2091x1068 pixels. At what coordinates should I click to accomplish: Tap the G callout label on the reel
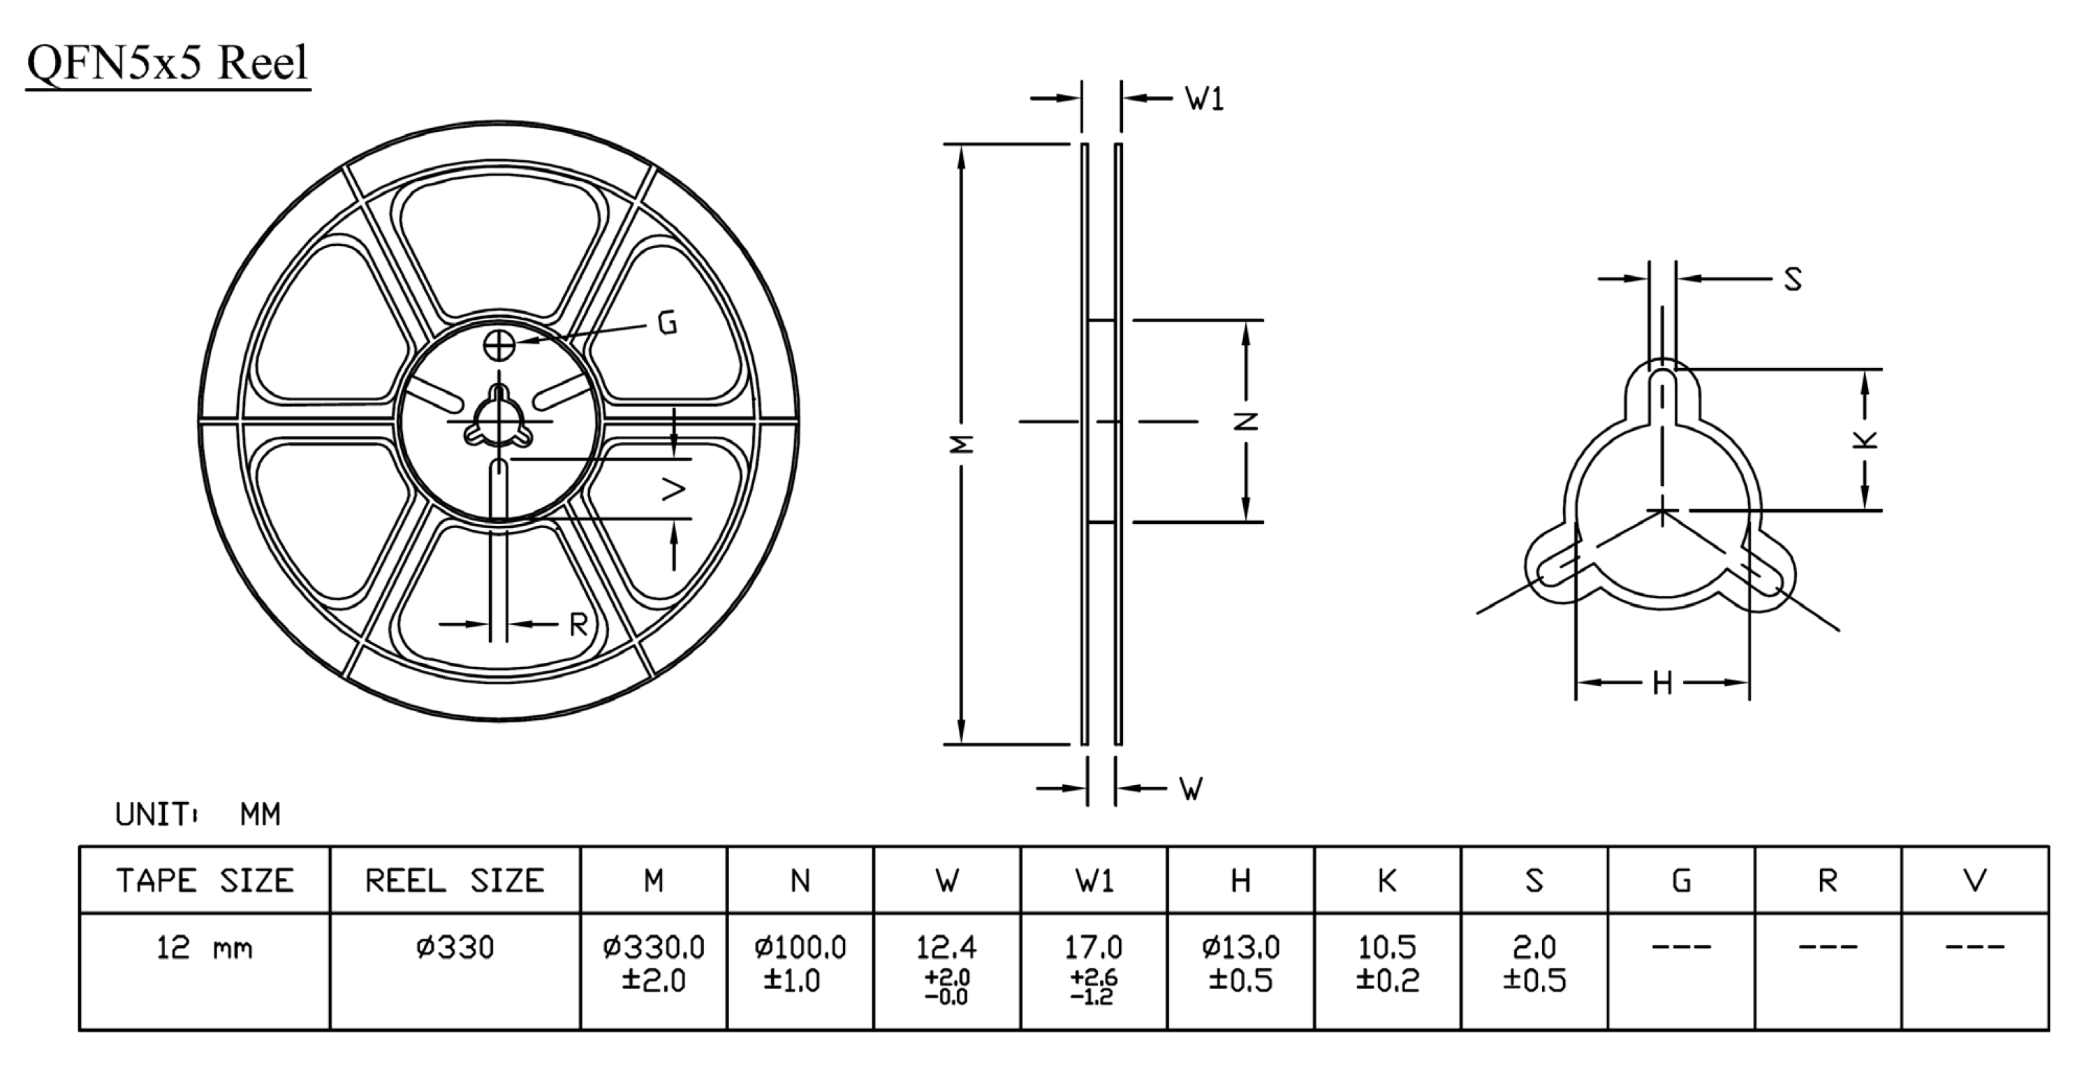(667, 324)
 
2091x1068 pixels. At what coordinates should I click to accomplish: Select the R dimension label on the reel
(578, 624)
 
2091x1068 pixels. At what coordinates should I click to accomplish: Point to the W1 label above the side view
(1205, 99)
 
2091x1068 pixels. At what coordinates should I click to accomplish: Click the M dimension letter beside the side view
(962, 444)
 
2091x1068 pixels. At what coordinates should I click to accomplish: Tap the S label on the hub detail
(1793, 279)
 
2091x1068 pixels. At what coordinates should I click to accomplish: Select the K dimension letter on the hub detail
(1865, 440)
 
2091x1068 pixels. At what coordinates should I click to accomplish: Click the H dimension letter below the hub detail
(1662, 683)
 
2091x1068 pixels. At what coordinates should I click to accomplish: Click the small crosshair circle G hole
(499, 345)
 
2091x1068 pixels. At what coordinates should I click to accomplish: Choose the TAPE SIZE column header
(205, 881)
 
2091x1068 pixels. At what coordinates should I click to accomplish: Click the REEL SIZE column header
(455, 881)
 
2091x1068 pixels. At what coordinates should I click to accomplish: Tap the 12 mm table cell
(205, 947)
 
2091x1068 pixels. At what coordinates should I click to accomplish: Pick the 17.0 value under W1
(1094, 947)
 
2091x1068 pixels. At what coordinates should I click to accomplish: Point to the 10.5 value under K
(1387, 947)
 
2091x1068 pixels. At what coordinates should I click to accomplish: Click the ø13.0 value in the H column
(1240, 947)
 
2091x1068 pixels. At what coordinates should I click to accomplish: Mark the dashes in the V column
(1975, 946)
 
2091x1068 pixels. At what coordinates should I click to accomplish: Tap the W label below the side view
(1191, 788)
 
